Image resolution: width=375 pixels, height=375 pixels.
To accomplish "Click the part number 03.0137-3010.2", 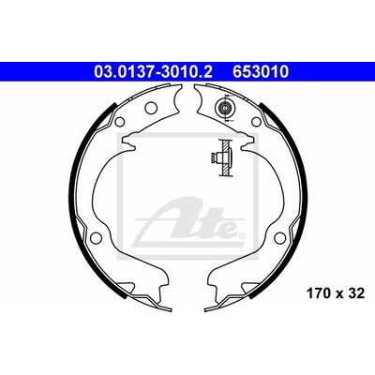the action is [x=153, y=72].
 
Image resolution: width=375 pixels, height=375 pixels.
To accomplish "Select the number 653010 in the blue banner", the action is [x=260, y=72].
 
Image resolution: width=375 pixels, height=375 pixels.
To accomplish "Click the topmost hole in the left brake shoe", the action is [x=151, y=107].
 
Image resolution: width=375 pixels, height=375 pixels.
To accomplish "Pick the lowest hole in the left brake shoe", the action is [x=95, y=238].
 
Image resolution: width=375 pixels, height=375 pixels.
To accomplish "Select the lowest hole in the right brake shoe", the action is [x=279, y=238].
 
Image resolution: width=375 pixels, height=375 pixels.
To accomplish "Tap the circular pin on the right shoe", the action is [x=224, y=108].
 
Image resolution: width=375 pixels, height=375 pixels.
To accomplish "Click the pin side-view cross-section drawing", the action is [x=221, y=157].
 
